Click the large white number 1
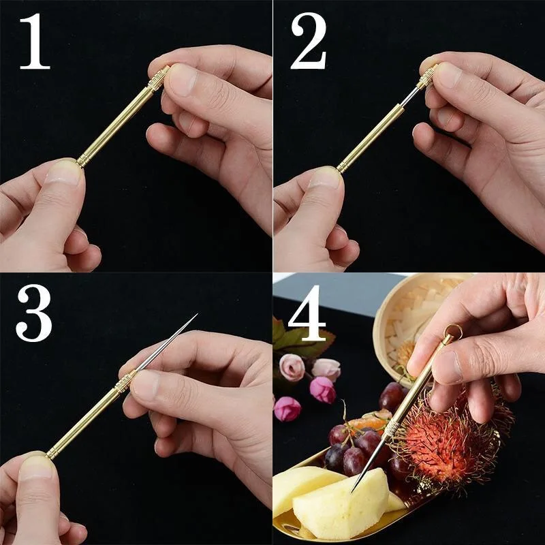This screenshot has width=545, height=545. tap(34, 42)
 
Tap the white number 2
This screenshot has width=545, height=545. tap(308, 42)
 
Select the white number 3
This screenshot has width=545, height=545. tap(33, 313)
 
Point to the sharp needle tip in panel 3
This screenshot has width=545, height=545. tap(195, 316)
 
